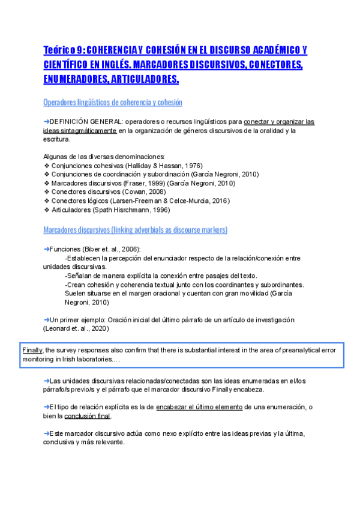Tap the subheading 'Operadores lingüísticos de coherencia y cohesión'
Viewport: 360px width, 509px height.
[113, 103]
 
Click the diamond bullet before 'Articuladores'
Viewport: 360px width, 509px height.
[47, 210]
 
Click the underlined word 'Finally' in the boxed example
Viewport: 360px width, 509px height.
[32, 350]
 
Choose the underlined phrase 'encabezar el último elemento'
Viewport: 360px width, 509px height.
[199, 407]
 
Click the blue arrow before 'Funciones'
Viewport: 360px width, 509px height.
[47, 249]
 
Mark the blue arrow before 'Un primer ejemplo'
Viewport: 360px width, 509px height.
[47, 320]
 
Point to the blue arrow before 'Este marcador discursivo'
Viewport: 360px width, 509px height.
[47, 433]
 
